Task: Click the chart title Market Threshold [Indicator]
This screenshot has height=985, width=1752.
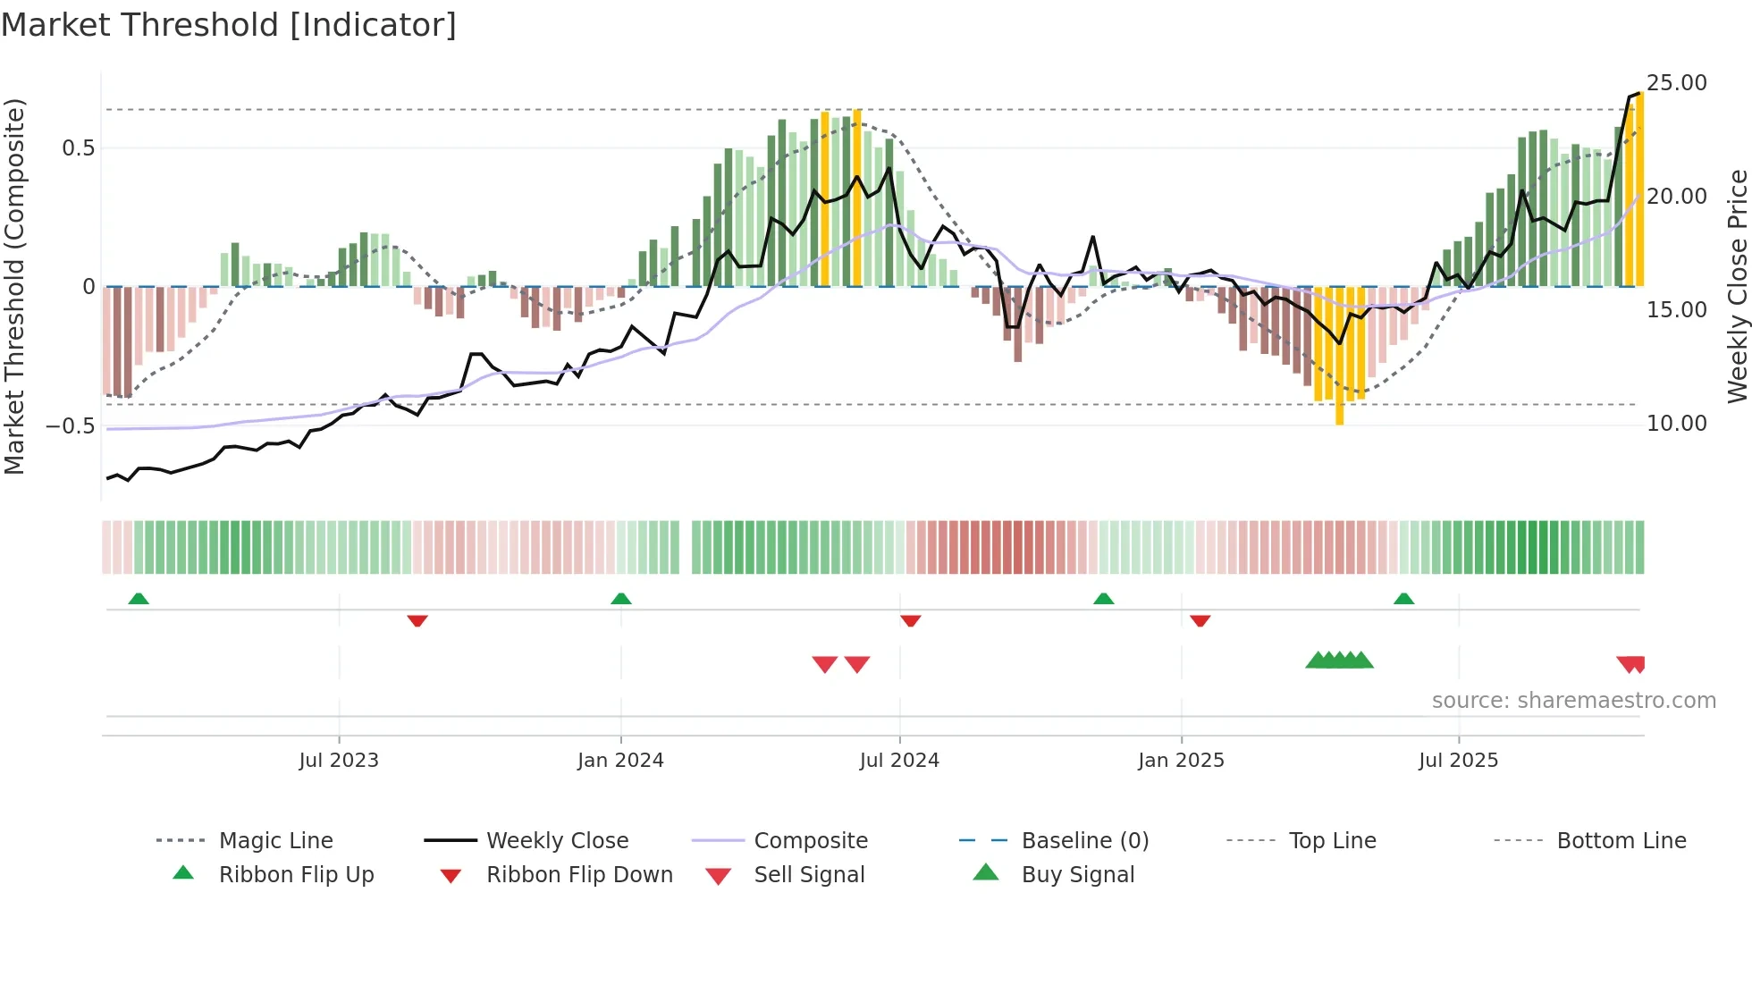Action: [229, 25]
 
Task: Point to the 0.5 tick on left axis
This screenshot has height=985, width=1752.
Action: [79, 148]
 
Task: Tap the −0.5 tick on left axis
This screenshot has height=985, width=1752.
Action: [71, 425]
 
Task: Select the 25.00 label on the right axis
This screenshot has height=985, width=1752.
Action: [1676, 83]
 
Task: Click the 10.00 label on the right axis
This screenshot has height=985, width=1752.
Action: [1676, 424]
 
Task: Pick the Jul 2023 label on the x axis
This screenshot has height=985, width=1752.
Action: [339, 761]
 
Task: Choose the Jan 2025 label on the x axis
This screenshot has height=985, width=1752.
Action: [1181, 761]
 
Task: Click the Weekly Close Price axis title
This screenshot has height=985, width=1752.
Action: [1737, 286]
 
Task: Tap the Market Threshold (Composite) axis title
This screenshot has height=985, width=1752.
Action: [15, 286]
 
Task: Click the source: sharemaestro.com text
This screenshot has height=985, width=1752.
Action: [1573, 701]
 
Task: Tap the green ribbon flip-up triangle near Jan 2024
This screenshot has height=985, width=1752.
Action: [621, 599]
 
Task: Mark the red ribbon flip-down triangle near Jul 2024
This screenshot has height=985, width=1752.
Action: [910, 620]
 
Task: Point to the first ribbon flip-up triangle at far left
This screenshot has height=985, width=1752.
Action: [139, 599]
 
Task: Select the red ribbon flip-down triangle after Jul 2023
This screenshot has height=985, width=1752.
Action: [417, 620]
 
